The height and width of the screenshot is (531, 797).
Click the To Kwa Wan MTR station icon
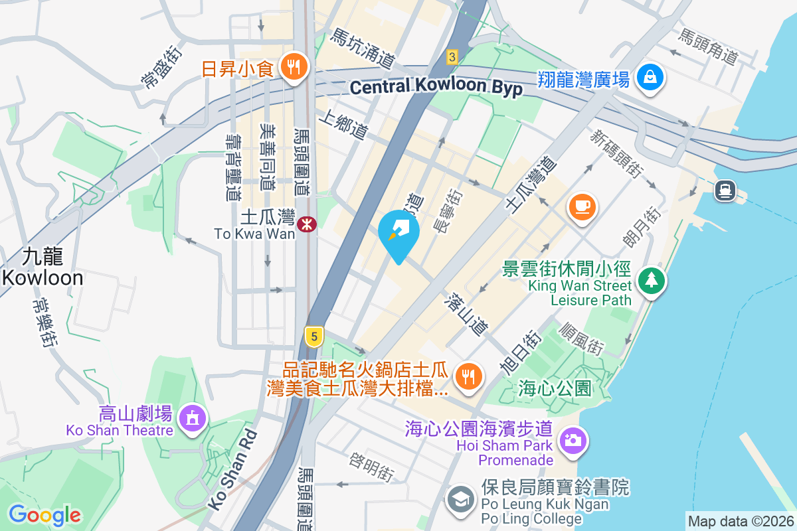(306, 224)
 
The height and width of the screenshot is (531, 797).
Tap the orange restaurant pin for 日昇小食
(292, 66)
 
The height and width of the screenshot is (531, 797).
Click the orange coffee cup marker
(582, 206)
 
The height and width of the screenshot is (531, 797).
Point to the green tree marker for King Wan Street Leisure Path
(651, 280)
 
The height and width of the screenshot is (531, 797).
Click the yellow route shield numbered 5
(314, 335)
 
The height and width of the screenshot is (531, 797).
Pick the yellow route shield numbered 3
(452, 57)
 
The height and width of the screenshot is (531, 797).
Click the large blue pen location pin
(398, 232)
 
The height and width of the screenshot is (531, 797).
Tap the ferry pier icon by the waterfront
(724, 191)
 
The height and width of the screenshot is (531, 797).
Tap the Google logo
(44, 514)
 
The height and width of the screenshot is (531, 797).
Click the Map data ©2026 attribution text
(740, 522)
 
